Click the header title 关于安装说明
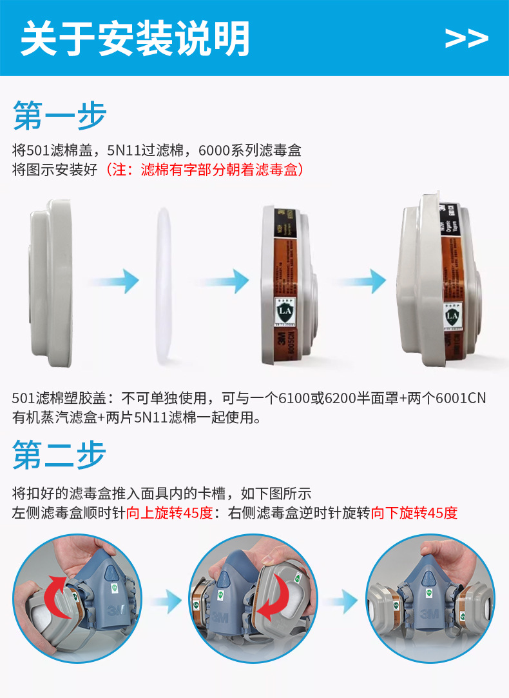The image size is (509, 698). click(135, 39)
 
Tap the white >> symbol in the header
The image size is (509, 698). click(466, 39)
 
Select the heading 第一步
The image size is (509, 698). click(59, 116)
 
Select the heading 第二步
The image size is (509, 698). click(59, 455)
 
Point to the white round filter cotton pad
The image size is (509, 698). click(164, 282)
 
